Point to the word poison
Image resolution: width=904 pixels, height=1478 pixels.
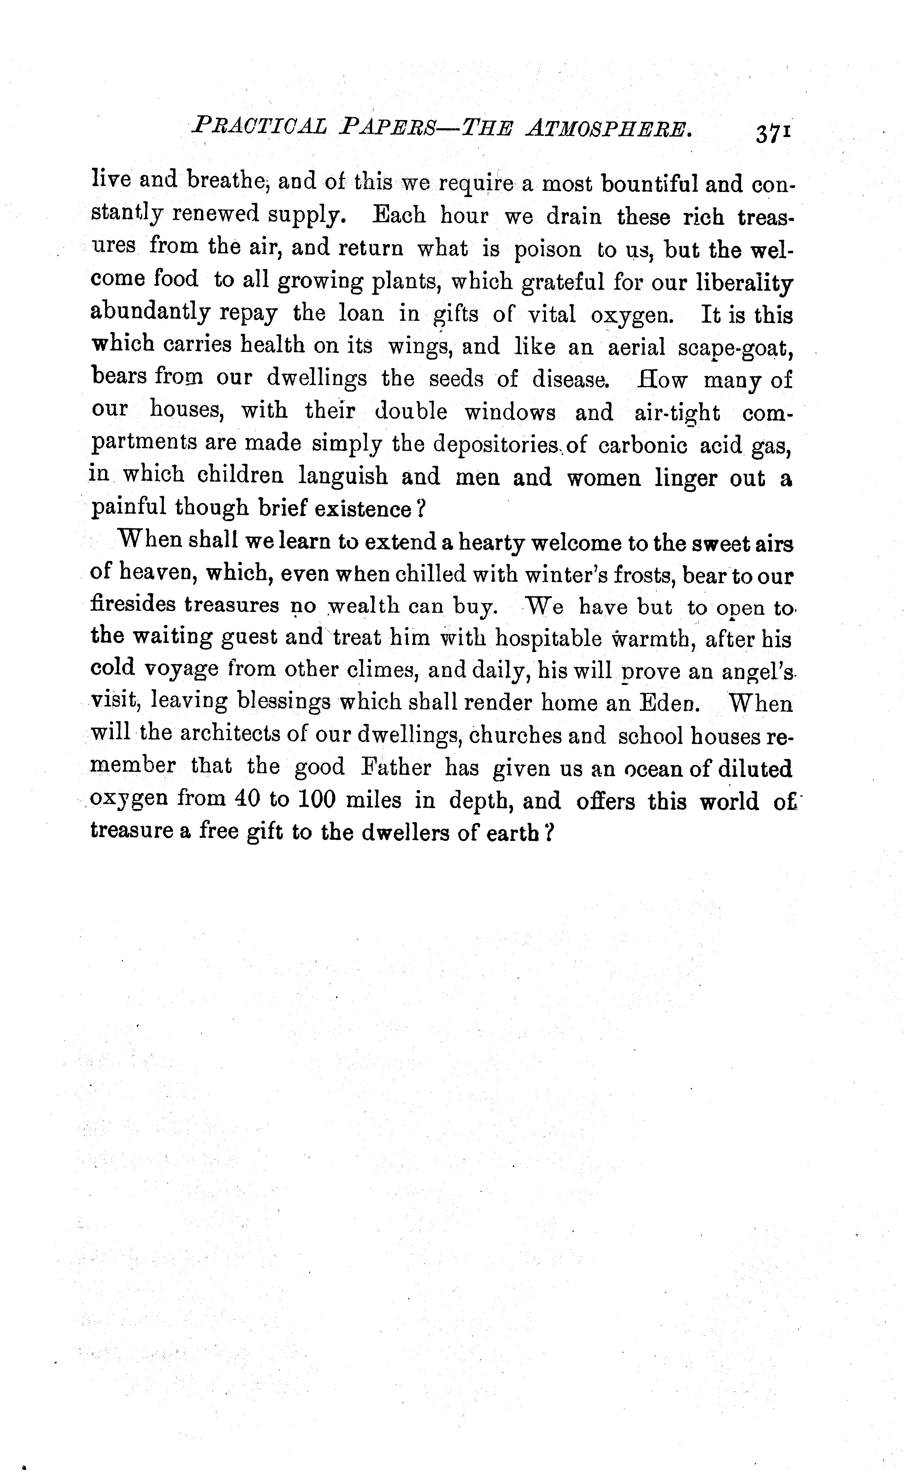547,249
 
